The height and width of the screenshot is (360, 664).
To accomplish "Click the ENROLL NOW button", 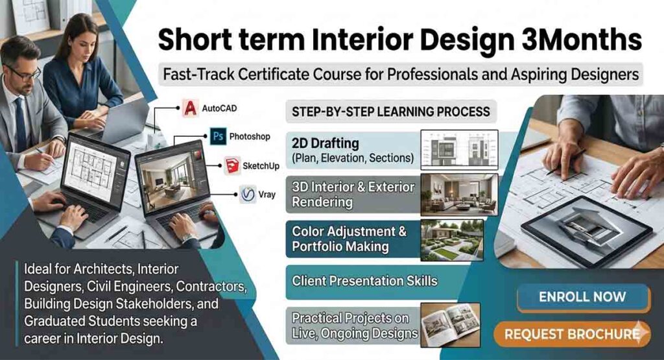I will pos(582,297).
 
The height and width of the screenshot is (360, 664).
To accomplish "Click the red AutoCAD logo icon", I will pos(190,108).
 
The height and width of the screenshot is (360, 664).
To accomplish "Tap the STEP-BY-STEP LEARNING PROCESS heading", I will pos(391,112).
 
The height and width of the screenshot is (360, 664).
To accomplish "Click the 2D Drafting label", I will pos(326,143).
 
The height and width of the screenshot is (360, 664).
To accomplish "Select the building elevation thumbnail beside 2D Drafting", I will pos(459,149).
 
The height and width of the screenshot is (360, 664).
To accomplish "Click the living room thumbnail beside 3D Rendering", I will pos(459,194).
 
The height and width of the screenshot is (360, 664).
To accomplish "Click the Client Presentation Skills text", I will pos(364,282).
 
